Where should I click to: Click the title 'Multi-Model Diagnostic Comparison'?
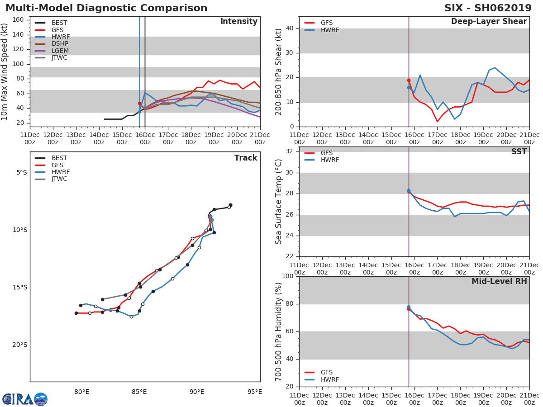point(106,8)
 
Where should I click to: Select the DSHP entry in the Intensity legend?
point(60,44)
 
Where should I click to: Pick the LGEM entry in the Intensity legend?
point(60,51)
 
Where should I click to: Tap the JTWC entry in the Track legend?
point(59,179)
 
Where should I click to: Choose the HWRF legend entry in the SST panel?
point(329,160)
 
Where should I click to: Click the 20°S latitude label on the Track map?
point(19,345)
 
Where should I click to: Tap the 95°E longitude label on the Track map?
point(255,392)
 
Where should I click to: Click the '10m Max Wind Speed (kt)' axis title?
point(5,71)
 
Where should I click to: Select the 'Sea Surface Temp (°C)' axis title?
point(279,202)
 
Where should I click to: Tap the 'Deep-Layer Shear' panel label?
point(489,22)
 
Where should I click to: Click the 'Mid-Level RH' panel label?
point(499,281)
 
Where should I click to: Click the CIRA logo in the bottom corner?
point(25,399)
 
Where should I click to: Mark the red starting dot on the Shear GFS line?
point(409,80)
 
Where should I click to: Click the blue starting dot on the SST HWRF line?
point(409,191)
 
